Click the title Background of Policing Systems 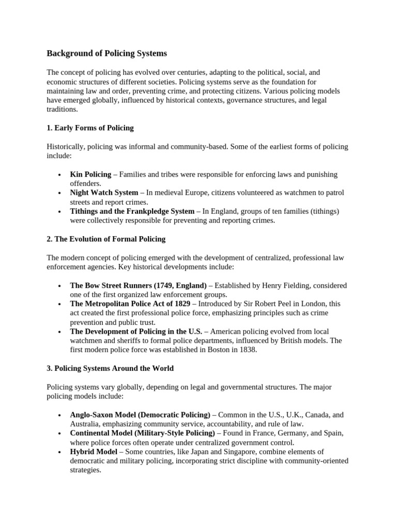(107, 53)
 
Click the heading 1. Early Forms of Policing (90, 128)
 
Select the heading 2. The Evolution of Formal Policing (106, 239)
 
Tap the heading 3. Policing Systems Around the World (110, 368)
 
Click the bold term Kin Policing (90, 175)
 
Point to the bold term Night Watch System (104, 193)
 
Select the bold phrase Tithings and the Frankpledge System (132, 211)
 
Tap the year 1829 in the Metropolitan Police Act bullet (180, 304)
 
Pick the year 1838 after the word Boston (247, 350)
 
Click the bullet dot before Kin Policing (60, 175)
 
